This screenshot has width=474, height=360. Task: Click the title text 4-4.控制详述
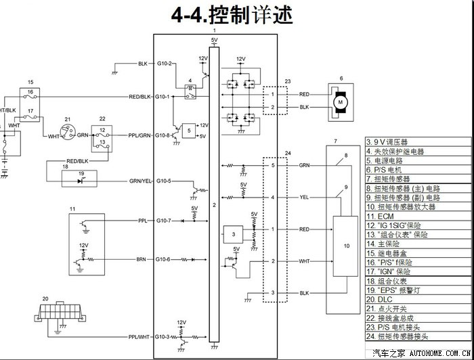[236, 14]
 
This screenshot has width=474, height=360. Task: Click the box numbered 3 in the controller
[233, 234]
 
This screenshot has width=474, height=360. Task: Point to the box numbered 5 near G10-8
[189, 130]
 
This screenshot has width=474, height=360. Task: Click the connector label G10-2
[165, 64]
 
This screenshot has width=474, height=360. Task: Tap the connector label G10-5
[165, 181]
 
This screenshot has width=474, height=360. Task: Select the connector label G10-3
[165, 336]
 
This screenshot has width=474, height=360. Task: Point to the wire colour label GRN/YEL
[140, 181]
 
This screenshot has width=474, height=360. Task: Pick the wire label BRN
[141, 259]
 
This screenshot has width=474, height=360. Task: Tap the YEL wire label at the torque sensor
[305, 198]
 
